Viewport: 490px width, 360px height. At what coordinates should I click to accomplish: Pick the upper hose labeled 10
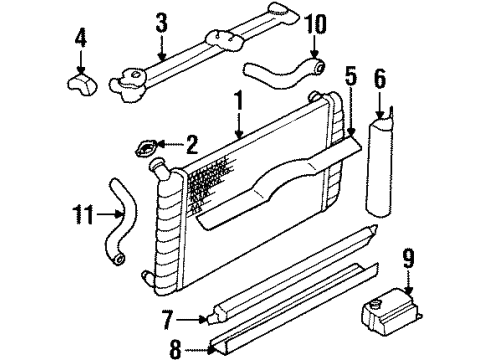tap(283, 72)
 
